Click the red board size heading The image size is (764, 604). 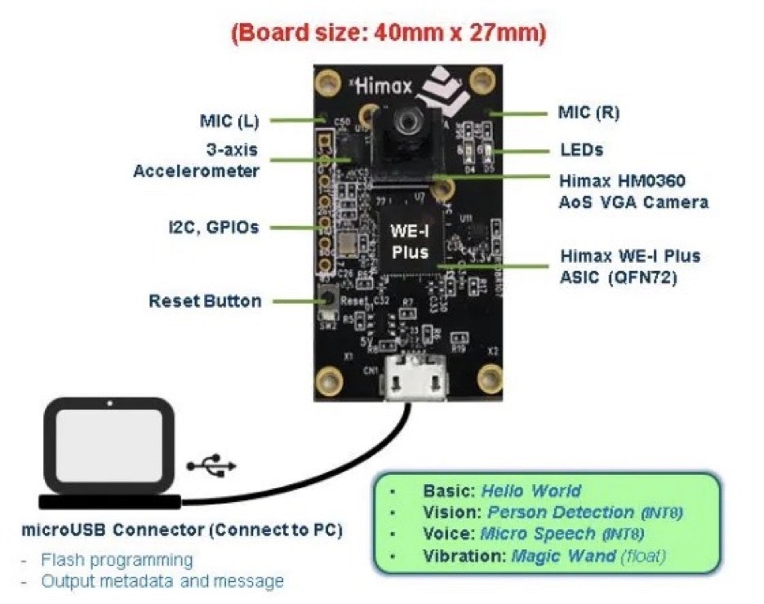click(389, 33)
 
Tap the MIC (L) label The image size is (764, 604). click(229, 122)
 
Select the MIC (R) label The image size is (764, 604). click(589, 113)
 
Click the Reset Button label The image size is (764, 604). click(205, 301)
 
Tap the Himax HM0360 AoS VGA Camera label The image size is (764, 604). click(633, 190)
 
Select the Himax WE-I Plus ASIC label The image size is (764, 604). click(629, 266)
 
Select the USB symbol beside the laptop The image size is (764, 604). click(211, 465)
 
